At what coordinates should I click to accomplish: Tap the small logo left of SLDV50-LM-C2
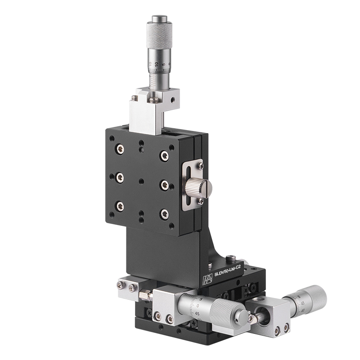pos(207,279)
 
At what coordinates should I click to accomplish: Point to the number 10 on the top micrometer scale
pos(156,65)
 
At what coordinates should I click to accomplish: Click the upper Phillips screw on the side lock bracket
pos(201,166)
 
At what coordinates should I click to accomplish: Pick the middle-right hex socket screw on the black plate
pos(164,184)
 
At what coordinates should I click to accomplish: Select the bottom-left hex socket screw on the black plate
pos(120,206)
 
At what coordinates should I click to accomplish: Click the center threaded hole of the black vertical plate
pos(141,181)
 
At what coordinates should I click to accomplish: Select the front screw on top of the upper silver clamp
pos(154,100)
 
